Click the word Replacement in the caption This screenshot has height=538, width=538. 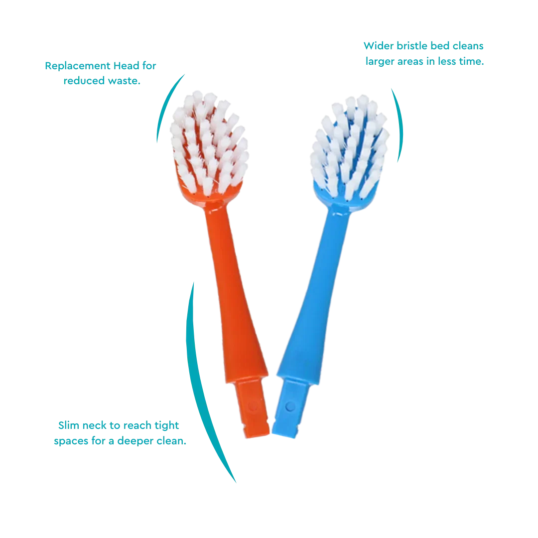[78, 66]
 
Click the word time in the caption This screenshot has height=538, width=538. [471, 61]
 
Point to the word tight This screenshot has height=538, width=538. [166, 426]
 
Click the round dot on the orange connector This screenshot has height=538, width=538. [253, 406]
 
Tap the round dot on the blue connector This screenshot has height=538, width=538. [290, 406]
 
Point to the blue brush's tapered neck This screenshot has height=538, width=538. [314, 295]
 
